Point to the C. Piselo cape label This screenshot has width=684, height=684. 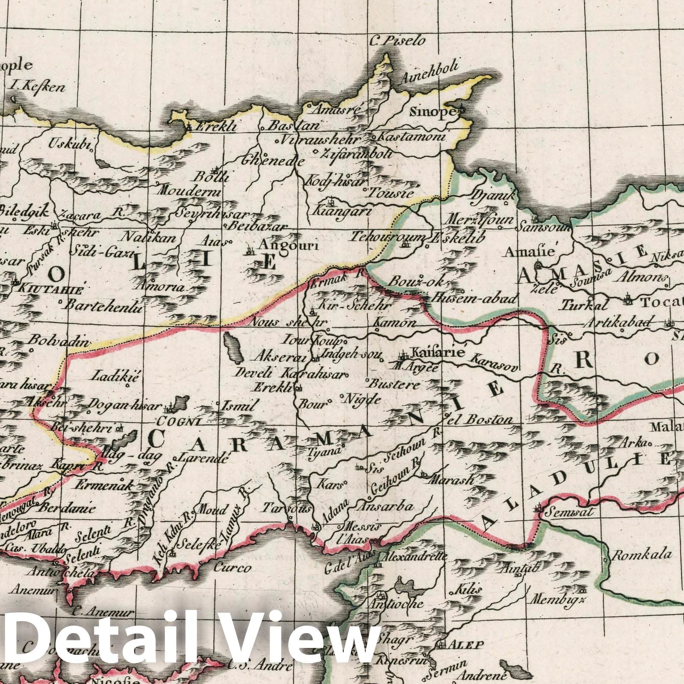pyautogui.click(x=398, y=41)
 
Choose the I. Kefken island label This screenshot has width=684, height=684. pyautogui.click(x=38, y=88)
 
